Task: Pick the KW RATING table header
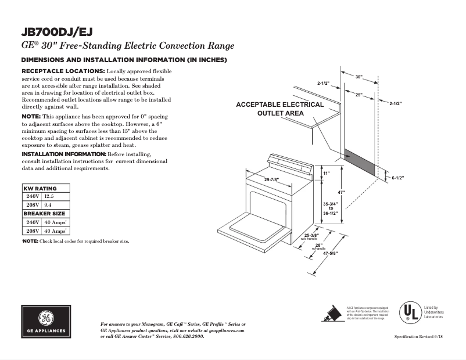click(x=40, y=189)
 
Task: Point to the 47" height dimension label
click(x=343, y=192)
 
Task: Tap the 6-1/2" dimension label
click(x=398, y=178)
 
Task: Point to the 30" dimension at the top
click(x=359, y=77)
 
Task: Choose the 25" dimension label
click(x=359, y=95)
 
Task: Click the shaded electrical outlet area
click(x=360, y=161)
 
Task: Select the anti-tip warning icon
click(x=332, y=312)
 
